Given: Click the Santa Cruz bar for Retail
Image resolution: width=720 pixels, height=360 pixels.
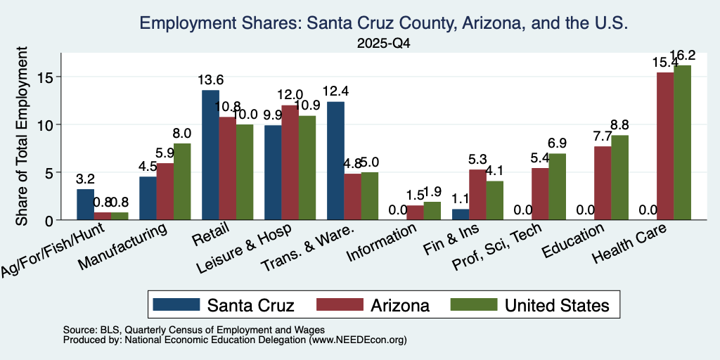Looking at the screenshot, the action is pyautogui.click(x=211, y=155).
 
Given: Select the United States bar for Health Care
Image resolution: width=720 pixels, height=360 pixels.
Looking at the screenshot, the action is pyautogui.click(x=682, y=143).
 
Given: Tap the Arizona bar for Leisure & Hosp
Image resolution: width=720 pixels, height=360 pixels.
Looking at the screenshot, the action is pyautogui.click(x=290, y=163).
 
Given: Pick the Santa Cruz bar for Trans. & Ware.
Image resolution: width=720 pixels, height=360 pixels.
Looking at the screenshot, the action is pyautogui.click(x=335, y=161).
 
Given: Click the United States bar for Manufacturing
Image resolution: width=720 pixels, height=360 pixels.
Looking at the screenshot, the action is pyautogui.click(x=182, y=182).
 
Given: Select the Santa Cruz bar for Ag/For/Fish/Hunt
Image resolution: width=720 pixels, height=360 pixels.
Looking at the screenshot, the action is pyautogui.click(x=85, y=205).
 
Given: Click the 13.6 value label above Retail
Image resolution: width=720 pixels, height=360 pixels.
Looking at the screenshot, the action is pyautogui.click(x=211, y=80).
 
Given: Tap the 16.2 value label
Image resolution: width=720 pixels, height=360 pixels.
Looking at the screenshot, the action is pyautogui.click(x=682, y=55).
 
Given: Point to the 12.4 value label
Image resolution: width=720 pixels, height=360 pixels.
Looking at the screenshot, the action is pyautogui.click(x=335, y=91).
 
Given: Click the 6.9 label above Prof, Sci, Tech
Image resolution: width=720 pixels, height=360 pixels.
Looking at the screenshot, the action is pyautogui.click(x=557, y=143).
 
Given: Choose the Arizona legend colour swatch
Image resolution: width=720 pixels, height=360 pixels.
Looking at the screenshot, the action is pyautogui.click(x=340, y=304).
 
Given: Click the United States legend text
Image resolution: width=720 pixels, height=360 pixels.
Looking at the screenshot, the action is pyautogui.click(x=558, y=305).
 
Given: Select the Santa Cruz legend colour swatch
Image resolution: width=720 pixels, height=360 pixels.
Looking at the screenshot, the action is pyautogui.click(x=176, y=304).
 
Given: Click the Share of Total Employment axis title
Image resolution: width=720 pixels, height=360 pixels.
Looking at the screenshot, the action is pyautogui.click(x=22, y=136).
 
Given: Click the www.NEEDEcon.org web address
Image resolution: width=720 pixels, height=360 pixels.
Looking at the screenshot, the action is pyautogui.click(x=358, y=340).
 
